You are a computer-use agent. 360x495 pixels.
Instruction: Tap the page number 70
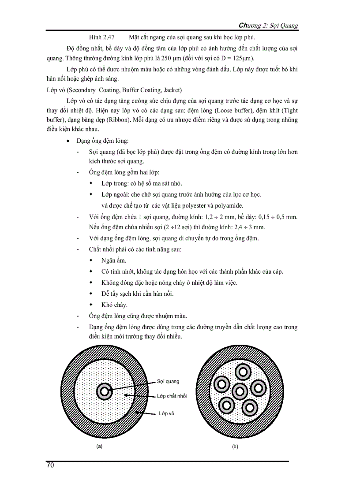click(x=50, y=465)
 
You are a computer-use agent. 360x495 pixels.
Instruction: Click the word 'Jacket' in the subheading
click(x=172, y=90)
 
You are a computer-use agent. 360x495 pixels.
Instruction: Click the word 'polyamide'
click(x=228, y=205)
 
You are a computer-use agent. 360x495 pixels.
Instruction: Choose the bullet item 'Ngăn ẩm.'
click(x=114, y=261)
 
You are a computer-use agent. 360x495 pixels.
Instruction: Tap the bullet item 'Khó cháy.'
click(x=114, y=305)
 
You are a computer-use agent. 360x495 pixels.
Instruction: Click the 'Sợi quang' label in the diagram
click(x=168, y=381)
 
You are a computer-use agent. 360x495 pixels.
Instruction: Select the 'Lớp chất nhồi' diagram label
click(x=172, y=396)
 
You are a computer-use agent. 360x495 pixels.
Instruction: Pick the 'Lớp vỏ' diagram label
click(x=166, y=413)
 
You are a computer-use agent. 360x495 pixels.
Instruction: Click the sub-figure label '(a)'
click(x=99, y=446)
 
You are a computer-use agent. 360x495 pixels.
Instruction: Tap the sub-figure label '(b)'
click(x=235, y=447)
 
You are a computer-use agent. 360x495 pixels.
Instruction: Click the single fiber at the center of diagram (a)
click(x=105, y=391)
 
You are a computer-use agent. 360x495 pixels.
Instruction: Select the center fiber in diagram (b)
click(x=239, y=390)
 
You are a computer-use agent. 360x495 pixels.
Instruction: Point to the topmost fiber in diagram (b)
click(x=242, y=372)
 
